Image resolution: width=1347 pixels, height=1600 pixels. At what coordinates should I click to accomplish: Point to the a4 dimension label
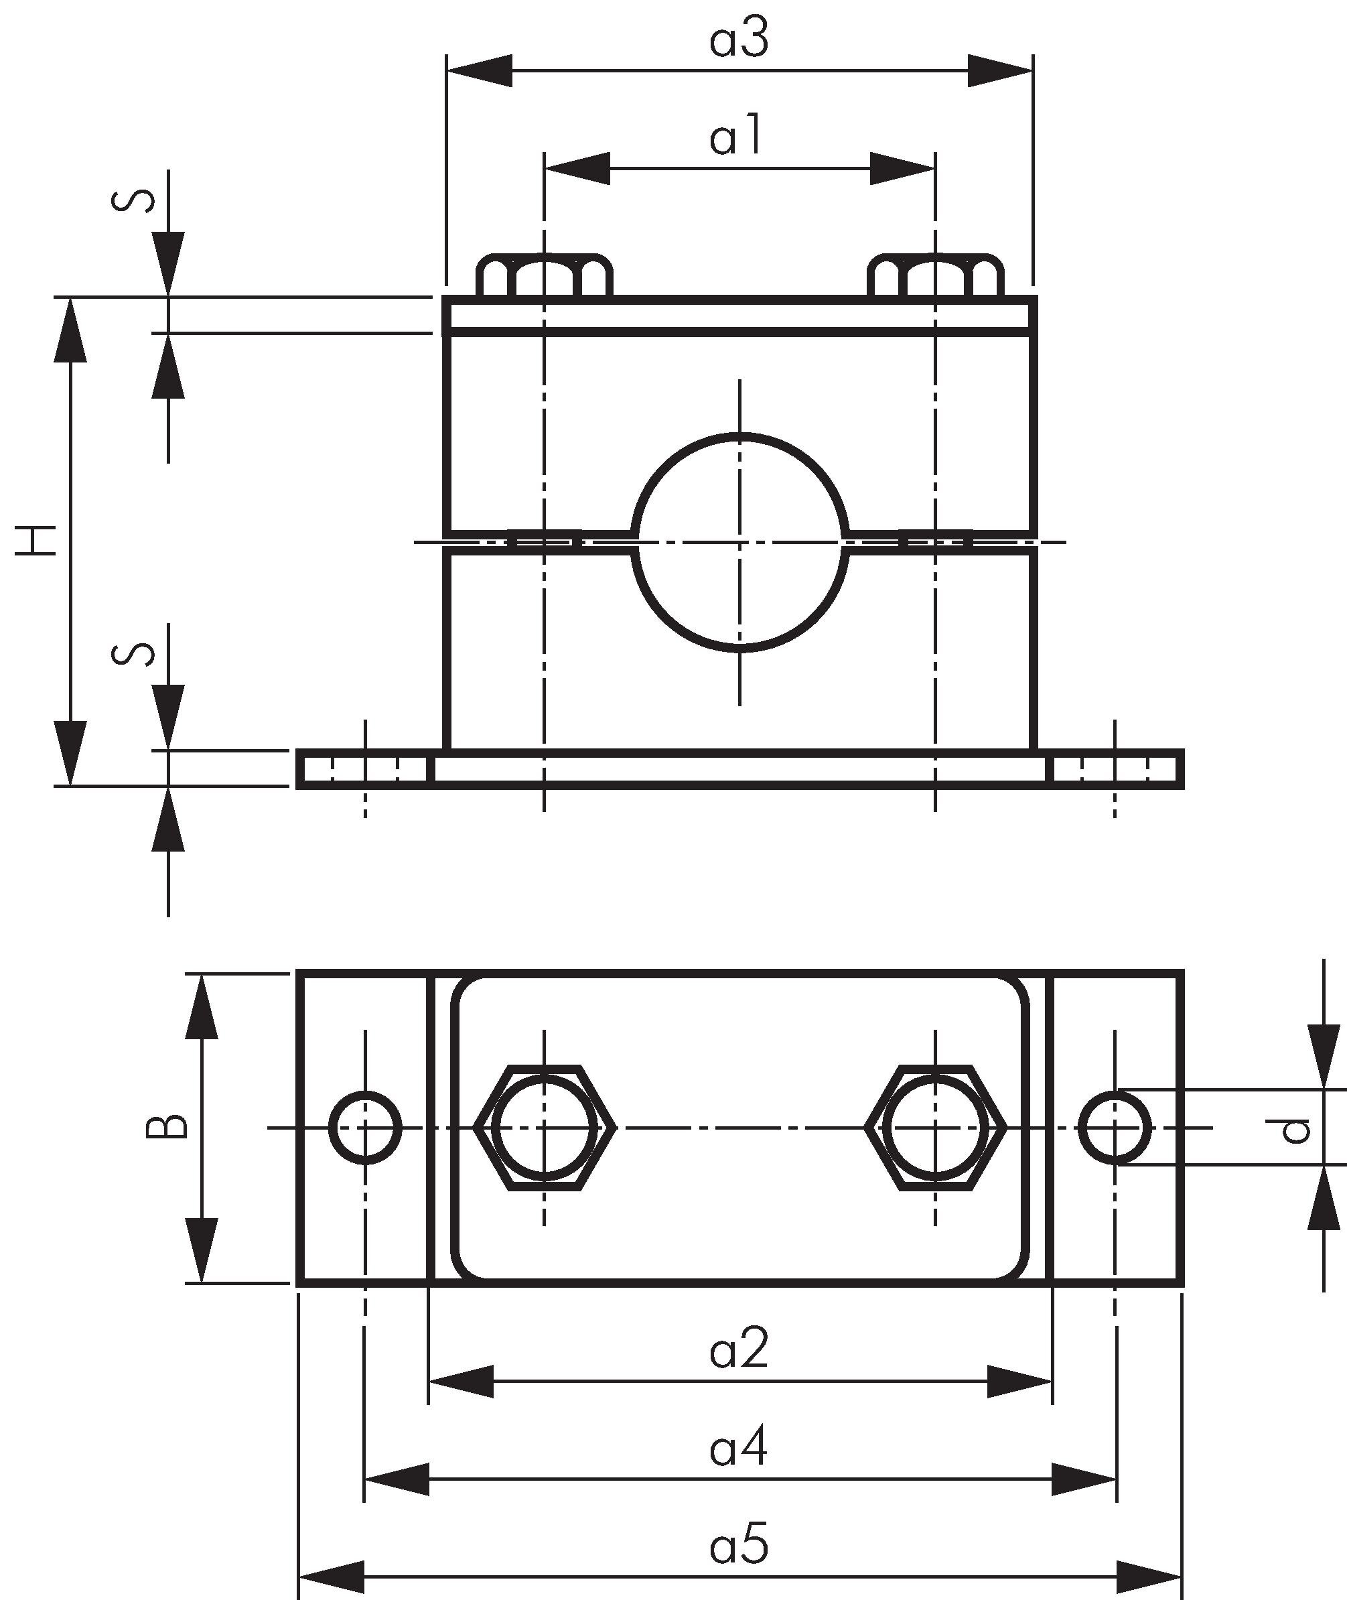point(738,1448)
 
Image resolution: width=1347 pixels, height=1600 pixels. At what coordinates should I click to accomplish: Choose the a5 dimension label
point(738,1546)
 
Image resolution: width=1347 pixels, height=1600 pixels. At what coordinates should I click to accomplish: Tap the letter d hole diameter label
point(1295,1130)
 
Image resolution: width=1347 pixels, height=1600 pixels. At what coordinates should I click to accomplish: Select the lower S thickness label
point(135,655)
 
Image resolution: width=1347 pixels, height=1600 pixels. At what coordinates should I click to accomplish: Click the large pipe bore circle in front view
point(740,542)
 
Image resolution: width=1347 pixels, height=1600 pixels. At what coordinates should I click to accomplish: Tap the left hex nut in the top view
point(544,1126)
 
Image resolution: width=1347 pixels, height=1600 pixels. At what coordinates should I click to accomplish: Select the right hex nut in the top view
point(936,1126)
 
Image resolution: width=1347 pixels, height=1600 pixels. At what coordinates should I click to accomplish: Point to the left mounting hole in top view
point(365,1127)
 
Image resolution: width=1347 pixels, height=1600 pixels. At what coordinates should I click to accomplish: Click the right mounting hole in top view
point(1115,1127)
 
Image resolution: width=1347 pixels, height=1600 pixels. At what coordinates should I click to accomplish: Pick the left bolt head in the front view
point(544,277)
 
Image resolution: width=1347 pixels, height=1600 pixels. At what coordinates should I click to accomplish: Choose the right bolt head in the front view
point(936,277)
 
